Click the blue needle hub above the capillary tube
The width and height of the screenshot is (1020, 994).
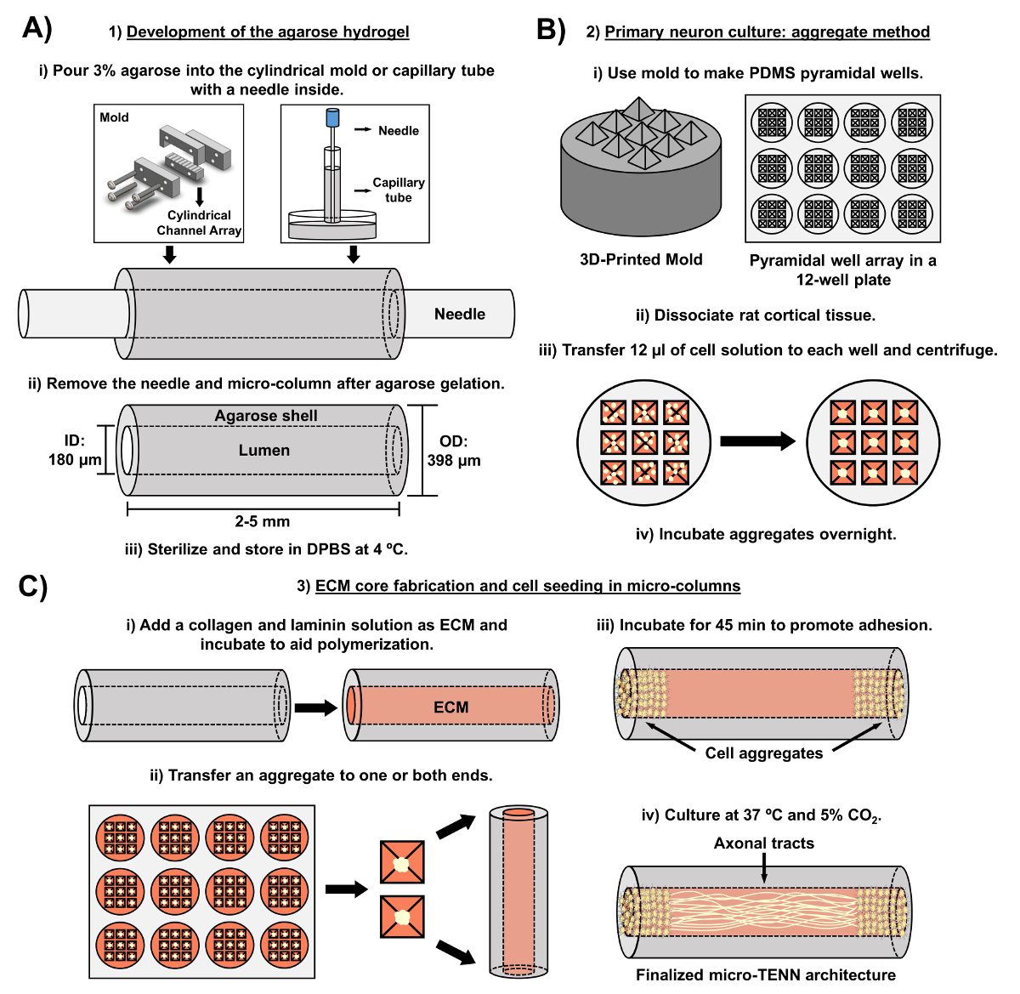click(x=332, y=116)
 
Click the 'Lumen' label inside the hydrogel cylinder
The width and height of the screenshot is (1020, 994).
click(x=264, y=451)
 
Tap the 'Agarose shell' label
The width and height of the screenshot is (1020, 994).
click(x=266, y=416)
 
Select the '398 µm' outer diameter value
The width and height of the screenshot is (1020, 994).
click(x=453, y=461)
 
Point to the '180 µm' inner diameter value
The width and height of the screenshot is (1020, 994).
click(x=75, y=460)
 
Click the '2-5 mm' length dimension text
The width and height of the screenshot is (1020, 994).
click(x=262, y=521)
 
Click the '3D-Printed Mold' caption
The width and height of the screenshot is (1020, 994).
click(x=641, y=259)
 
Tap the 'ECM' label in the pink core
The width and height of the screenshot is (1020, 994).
click(x=450, y=707)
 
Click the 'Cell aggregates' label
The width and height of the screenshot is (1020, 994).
click(x=763, y=753)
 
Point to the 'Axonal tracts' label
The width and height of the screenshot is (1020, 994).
click(x=763, y=843)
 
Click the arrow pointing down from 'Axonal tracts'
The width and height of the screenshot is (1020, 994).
click(x=764, y=867)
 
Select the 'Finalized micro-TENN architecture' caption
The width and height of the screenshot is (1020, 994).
click(x=766, y=974)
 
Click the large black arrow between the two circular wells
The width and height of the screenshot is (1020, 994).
click(x=758, y=441)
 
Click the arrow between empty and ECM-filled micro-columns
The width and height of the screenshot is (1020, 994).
click(x=316, y=707)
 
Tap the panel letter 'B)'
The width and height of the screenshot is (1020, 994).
click(x=551, y=30)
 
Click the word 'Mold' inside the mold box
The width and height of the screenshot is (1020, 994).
click(x=114, y=117)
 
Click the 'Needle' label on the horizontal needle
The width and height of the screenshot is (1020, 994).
click(x=460, y=314)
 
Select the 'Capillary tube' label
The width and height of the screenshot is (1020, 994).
click(x=399, y=190)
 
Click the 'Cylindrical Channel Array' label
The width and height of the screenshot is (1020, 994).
click(x=199, y=223)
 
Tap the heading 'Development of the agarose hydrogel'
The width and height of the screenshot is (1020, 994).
click(x=268, y=32)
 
